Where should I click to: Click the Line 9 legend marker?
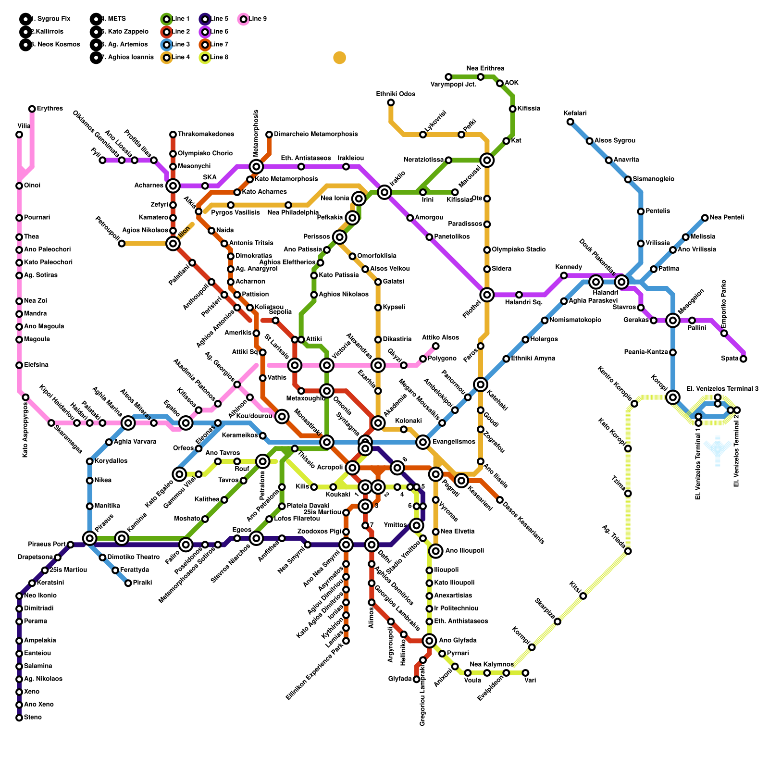[x=243, y=19]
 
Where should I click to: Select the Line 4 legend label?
[x=180, y=58]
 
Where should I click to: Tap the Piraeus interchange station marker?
[x=89, y=538]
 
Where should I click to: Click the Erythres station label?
[x=50, y=109]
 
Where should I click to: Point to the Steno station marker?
[x=19, y=718]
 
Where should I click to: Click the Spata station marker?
[x=743, y=359]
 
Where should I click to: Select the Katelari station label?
[x=575, y=113]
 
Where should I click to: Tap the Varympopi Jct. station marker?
[x=448, y=77]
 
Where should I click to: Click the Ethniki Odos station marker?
[x=391, y=102]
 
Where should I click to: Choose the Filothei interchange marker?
[x=487, y=295]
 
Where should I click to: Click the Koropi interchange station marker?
[x=673, y=397]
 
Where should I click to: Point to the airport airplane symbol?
[x=718, y=450]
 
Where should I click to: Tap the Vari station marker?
[x=525, y=673]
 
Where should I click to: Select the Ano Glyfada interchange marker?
[x=429, y=641]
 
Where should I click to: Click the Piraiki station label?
[x=142, y=583]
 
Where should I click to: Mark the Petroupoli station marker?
[x=122, y=244]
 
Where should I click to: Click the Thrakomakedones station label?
[x=206, y=134]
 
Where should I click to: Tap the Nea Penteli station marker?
[x=705, y=218]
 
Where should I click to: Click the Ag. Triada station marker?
[x=628, y=551]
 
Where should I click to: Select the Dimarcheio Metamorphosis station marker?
[x=269, y=135]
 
